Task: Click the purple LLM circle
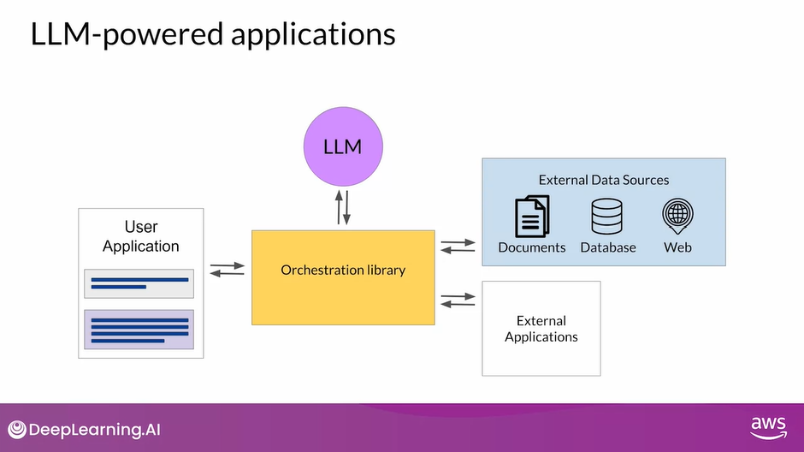click(x=342, y=146)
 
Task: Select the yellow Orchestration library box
click(x=343, y=277)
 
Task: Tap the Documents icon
click(x=531, y=216)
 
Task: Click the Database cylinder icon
click(x=607, y=216)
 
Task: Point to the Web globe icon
click(x=677, y=216)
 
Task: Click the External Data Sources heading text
click(x=603, y=180)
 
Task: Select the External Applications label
click(x=541, y=329)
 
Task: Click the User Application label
click(x=141, y=236)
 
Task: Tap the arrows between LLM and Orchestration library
click(x=342, y=208)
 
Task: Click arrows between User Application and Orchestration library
click(x=227, y=270)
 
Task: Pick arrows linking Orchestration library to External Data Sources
click(x=458, y=247)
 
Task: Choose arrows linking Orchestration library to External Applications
click(x=458, y=300)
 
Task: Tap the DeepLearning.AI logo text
click(x=95, y=429)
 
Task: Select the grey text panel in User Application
click(x=139, y=283)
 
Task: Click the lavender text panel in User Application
click(x=139, y=330)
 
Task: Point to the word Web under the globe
click(x=677, y=247)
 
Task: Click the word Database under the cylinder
click(x=608, y=247)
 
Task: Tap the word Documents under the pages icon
click(x=532, y=247)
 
